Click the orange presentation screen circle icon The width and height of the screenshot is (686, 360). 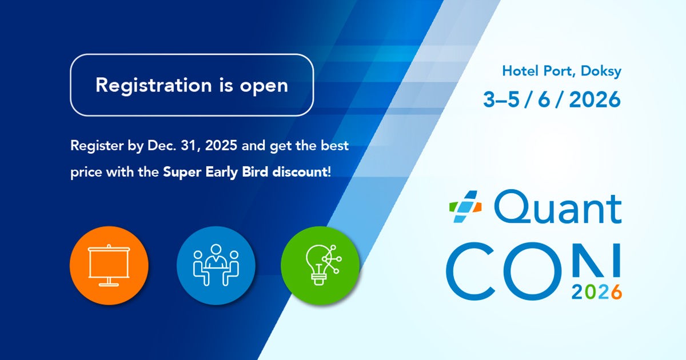109,265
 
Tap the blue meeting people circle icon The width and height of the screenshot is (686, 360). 216,265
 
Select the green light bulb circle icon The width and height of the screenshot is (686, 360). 320,265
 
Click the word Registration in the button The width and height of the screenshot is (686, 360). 154,85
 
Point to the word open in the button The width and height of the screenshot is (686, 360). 264,87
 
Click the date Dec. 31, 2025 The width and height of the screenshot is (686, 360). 192,145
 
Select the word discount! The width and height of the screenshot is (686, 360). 302,172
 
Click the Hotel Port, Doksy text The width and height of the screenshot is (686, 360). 561,71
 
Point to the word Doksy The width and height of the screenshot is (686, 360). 601,71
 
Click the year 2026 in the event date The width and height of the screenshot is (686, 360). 595,99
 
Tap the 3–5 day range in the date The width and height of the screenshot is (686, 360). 501,99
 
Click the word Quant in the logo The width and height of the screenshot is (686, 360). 558,206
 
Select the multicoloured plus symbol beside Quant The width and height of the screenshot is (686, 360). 465,206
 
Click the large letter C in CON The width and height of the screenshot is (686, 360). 470,271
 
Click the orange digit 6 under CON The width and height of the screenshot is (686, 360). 616,292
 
